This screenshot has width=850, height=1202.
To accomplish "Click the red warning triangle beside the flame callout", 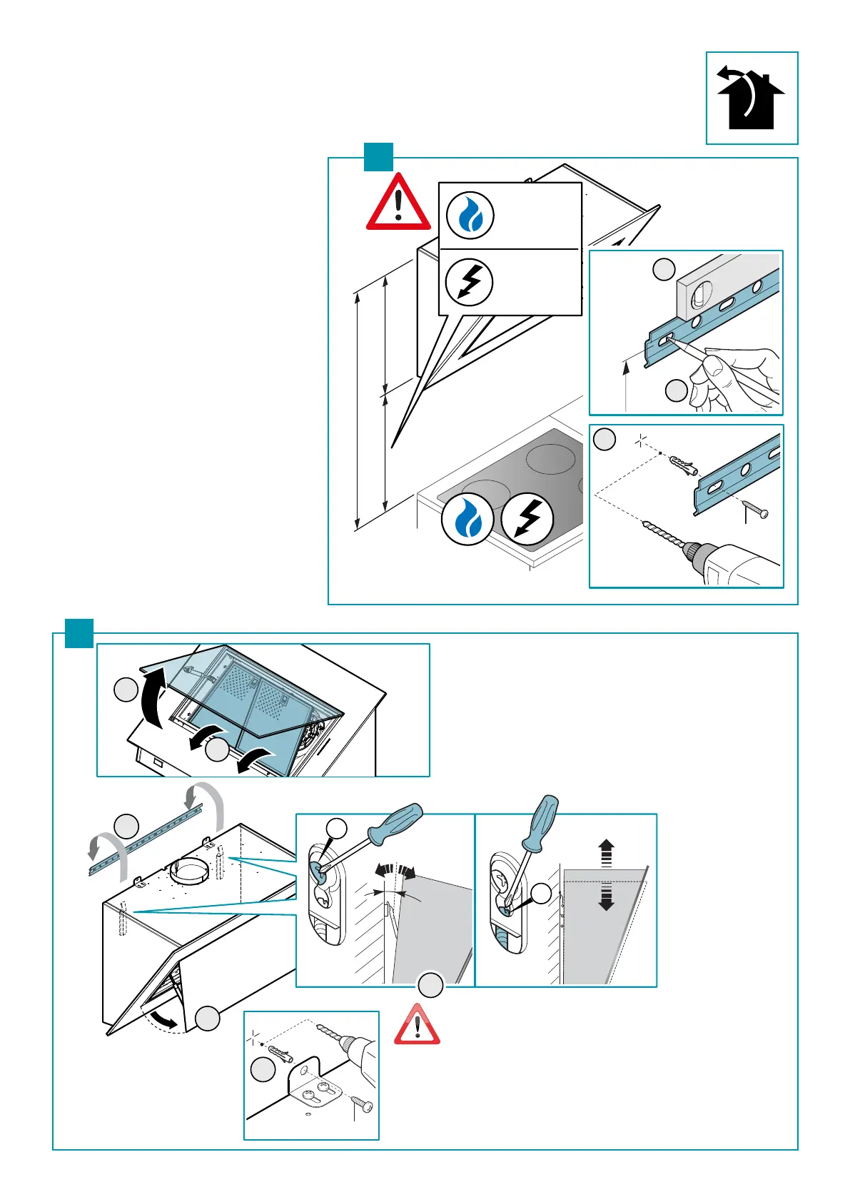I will [x=398, y=205].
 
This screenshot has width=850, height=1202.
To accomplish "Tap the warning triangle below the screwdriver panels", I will [x=418, y=1026].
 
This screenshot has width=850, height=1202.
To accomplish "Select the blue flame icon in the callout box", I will [x=470, y=216].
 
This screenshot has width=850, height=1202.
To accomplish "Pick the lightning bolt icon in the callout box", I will [x=469, y=282].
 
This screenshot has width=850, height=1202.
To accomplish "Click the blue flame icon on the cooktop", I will [x=467, y=520].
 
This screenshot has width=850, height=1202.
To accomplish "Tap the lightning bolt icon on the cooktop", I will [x=527, y=518].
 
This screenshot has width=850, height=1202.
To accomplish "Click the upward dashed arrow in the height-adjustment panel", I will [x=606, y=854].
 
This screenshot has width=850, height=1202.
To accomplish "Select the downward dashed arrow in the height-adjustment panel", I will [x=606, y=897].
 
